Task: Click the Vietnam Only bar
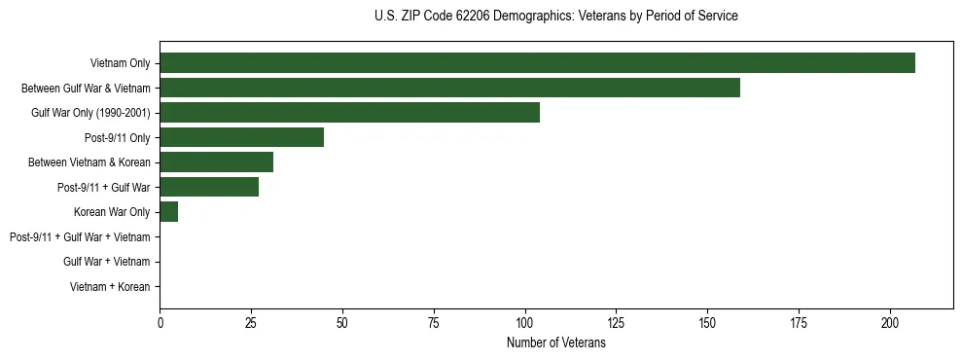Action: pos(537,63)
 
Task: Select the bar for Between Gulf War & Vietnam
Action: pos(449,89)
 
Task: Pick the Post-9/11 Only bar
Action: pos(241,137)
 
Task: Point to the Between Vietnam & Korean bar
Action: pos(216,162)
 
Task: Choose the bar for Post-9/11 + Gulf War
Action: pos(209,187)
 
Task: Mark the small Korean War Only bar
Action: pos(168,212)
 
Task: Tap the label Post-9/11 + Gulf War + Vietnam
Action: pos(79,236)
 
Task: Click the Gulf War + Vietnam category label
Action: pos(106,262)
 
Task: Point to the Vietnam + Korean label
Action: pos(110,287)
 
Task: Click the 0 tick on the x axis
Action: pos(160,323)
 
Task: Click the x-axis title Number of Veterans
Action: pos(555,343)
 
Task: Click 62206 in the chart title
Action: pos(472,17)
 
